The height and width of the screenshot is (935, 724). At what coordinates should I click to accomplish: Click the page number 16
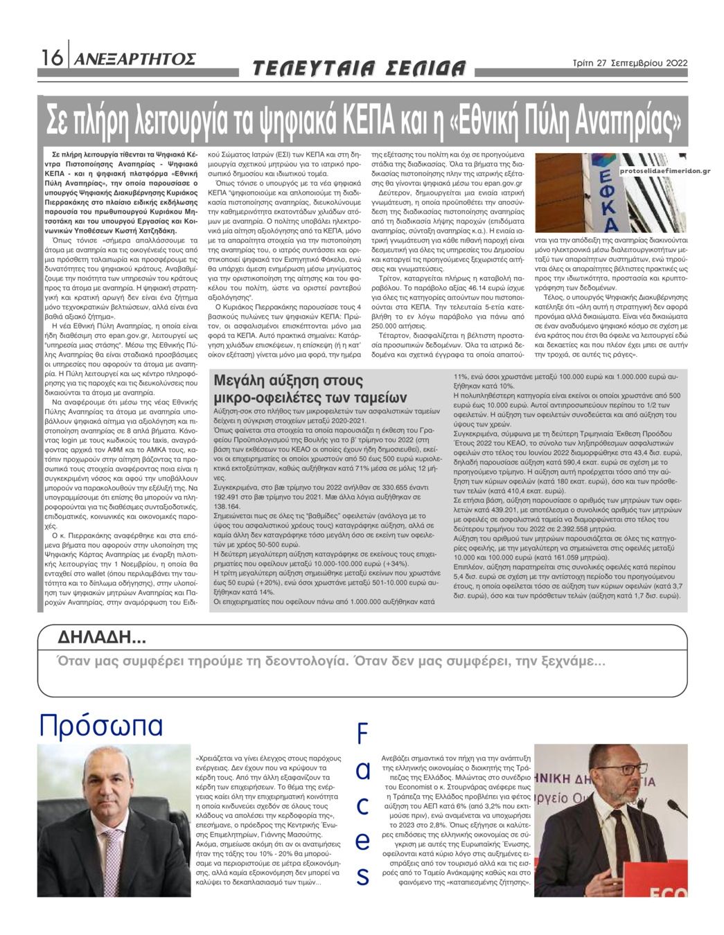coord(51,58)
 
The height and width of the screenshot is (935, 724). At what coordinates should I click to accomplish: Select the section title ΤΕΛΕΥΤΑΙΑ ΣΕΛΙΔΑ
coord(359,69)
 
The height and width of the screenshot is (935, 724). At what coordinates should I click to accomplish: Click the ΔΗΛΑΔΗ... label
coord(101,637)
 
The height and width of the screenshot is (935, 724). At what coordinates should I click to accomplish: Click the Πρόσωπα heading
coord(101,725)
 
